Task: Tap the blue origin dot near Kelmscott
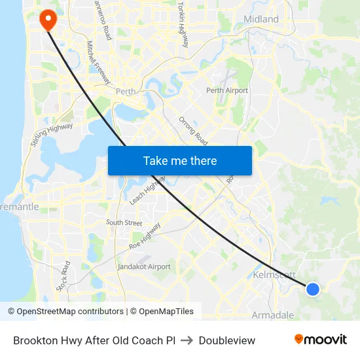click(313, 289)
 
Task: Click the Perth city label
click(124, 92)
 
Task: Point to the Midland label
click(261, 19)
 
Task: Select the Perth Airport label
click(227, 90)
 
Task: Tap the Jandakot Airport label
click(144, 266)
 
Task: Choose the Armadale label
click(273, 315)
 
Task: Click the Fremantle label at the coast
click(20, 207)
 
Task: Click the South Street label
click(124, 223)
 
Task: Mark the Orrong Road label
click(193, 131)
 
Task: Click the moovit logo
click(320, 340)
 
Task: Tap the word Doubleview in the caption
click(226, 340)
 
